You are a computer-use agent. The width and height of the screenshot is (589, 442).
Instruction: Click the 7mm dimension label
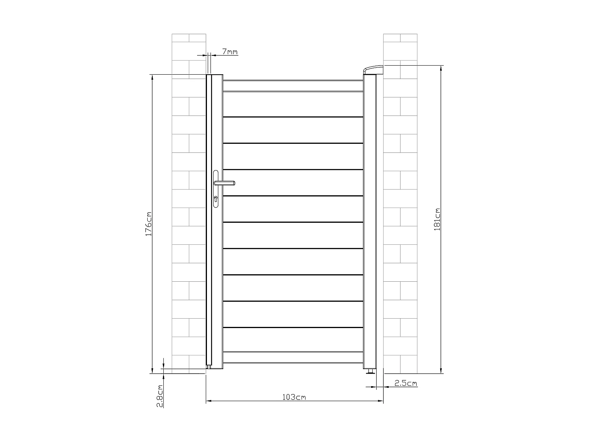(x=230, y=51)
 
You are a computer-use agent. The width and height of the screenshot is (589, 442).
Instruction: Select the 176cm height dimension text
(x=148, y=224)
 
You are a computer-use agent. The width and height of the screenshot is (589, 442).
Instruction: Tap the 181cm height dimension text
(x=437, y=219)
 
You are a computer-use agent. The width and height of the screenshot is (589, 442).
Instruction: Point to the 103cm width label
(x=294, y=397)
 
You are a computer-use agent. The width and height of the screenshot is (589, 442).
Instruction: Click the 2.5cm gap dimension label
(x=406, y=383)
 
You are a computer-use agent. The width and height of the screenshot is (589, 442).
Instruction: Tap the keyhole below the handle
(x=216, y=199)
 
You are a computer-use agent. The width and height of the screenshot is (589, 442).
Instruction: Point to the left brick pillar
(x=189, y=204)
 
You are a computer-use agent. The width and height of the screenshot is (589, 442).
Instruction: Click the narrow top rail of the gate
(x=293, y=86)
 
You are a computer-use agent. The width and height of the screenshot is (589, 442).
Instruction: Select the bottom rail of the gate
(x=293, y=357)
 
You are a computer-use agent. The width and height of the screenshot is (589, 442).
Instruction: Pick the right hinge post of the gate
(x=369, y=220)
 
